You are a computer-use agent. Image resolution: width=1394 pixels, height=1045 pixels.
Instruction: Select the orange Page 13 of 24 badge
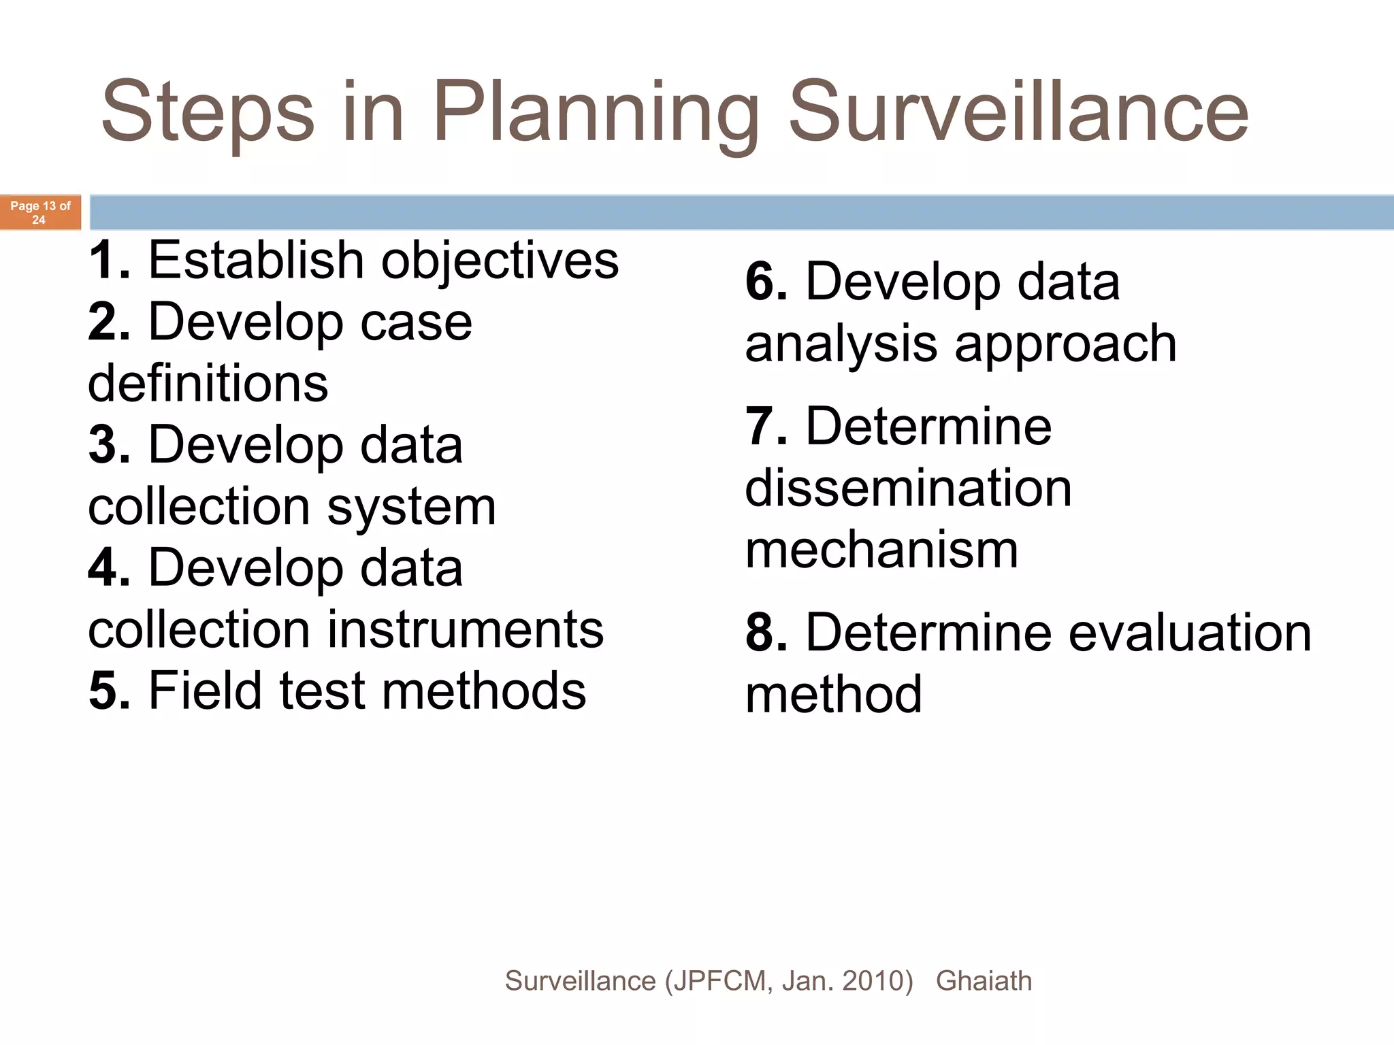(40, 212)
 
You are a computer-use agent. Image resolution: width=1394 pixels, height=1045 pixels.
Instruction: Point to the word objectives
(500, 261)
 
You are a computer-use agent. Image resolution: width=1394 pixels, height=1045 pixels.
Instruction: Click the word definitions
(208, 382)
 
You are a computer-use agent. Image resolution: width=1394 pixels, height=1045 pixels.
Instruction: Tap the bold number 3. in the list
(109, 445)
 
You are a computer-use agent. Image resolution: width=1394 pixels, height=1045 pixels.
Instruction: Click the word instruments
(466, 629)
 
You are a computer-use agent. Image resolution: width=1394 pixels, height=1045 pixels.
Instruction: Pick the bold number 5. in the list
(109, 691)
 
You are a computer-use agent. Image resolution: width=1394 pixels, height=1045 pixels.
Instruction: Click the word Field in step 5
(205, 690)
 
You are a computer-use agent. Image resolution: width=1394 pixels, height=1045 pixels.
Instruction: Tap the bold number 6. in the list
(766, 282)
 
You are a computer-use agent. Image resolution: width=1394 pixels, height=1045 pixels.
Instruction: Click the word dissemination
(908, 488)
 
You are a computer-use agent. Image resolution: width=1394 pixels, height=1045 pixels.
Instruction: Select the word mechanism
(881, 550)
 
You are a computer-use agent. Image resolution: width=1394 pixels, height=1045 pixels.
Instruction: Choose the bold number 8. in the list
(766, 633)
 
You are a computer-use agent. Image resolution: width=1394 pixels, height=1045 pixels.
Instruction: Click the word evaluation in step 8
(1190, 633)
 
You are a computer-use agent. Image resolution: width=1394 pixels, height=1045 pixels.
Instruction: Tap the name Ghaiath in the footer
(984, 981)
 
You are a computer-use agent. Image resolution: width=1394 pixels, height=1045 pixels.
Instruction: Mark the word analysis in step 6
(841, 344)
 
